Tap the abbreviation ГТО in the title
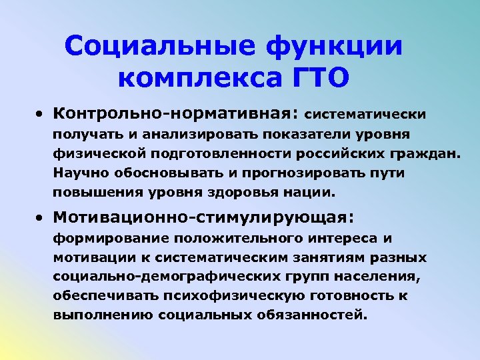click(x=321, y=79)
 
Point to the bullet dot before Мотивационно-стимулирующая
click(x=41, y=217)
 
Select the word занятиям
click(x=325, y=257)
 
